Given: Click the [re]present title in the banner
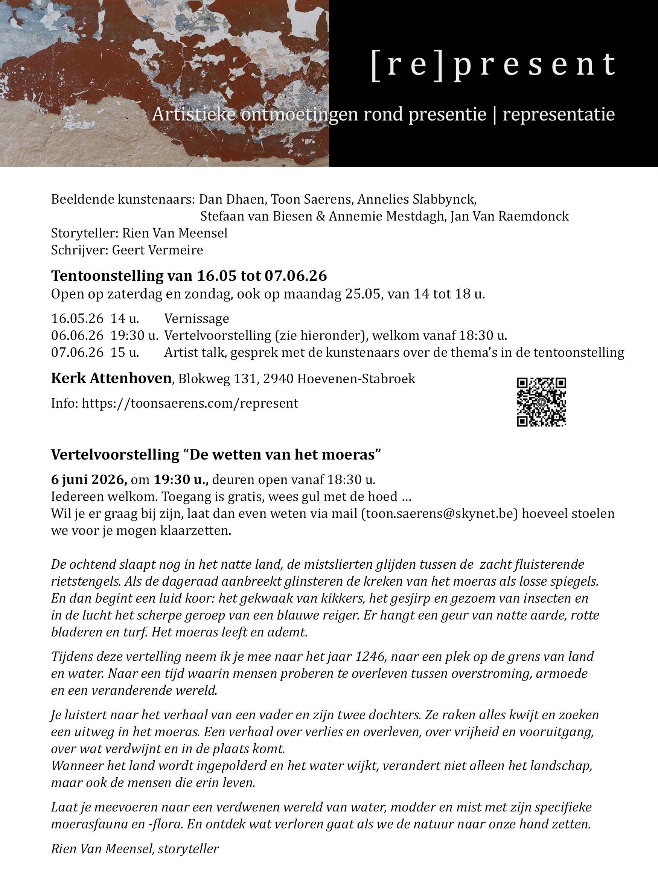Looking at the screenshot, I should point(493,65).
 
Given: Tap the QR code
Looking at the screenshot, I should point(541,402).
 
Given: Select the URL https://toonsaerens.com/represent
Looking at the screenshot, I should point(190,403).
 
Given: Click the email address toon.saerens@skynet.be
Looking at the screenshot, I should point(440,514).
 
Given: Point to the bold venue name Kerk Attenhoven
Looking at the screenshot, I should point(111,378).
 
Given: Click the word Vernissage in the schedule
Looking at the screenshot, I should point(196,319).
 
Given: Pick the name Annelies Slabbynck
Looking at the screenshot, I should point(417,199).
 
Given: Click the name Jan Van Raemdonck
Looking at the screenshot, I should point(509,216).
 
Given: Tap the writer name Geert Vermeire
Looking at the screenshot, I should point(157,250).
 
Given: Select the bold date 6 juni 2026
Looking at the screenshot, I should point(89,480).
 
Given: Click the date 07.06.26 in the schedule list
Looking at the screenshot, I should point(77,353).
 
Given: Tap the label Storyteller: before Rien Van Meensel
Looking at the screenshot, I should point(84,233).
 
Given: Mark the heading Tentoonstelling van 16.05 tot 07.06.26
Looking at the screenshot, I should point(189,276).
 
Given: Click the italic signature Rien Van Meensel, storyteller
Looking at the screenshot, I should point(135,849).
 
